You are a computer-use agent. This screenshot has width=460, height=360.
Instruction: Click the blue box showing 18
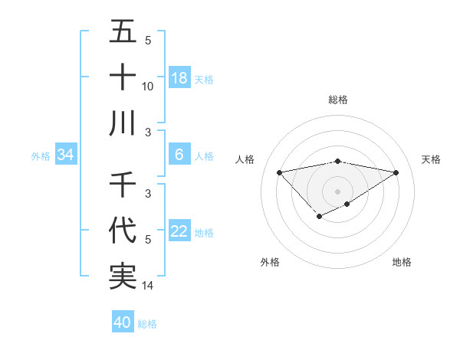tap(179, 78)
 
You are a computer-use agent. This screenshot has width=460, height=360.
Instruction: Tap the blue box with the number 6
tap(179, 155)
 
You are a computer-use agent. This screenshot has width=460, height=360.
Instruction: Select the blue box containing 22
tap(179, 232)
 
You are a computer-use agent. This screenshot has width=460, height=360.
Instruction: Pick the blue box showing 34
tap(66, 155)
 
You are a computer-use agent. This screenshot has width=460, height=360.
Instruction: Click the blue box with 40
tap(123, 323)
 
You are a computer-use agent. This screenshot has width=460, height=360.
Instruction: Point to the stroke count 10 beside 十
tap(148, 86)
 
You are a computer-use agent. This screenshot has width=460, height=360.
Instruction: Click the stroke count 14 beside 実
tap(148, 286)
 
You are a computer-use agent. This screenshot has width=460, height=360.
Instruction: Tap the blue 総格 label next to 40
tap(147, 324)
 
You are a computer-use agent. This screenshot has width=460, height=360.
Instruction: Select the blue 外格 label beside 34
tap(40, 156)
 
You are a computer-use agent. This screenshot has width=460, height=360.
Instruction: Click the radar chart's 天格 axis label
tap(432, 159)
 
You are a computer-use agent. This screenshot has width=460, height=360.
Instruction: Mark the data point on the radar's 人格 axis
tap(279, 172)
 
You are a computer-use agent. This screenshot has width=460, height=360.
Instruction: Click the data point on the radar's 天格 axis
tap(396, 172)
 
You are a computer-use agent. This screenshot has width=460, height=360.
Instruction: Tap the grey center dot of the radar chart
tap(337, 191)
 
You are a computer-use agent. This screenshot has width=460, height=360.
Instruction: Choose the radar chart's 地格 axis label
tap(402, 262)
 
